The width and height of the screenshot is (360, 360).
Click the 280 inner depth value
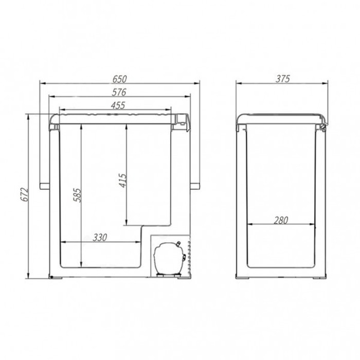coord(281,220)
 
